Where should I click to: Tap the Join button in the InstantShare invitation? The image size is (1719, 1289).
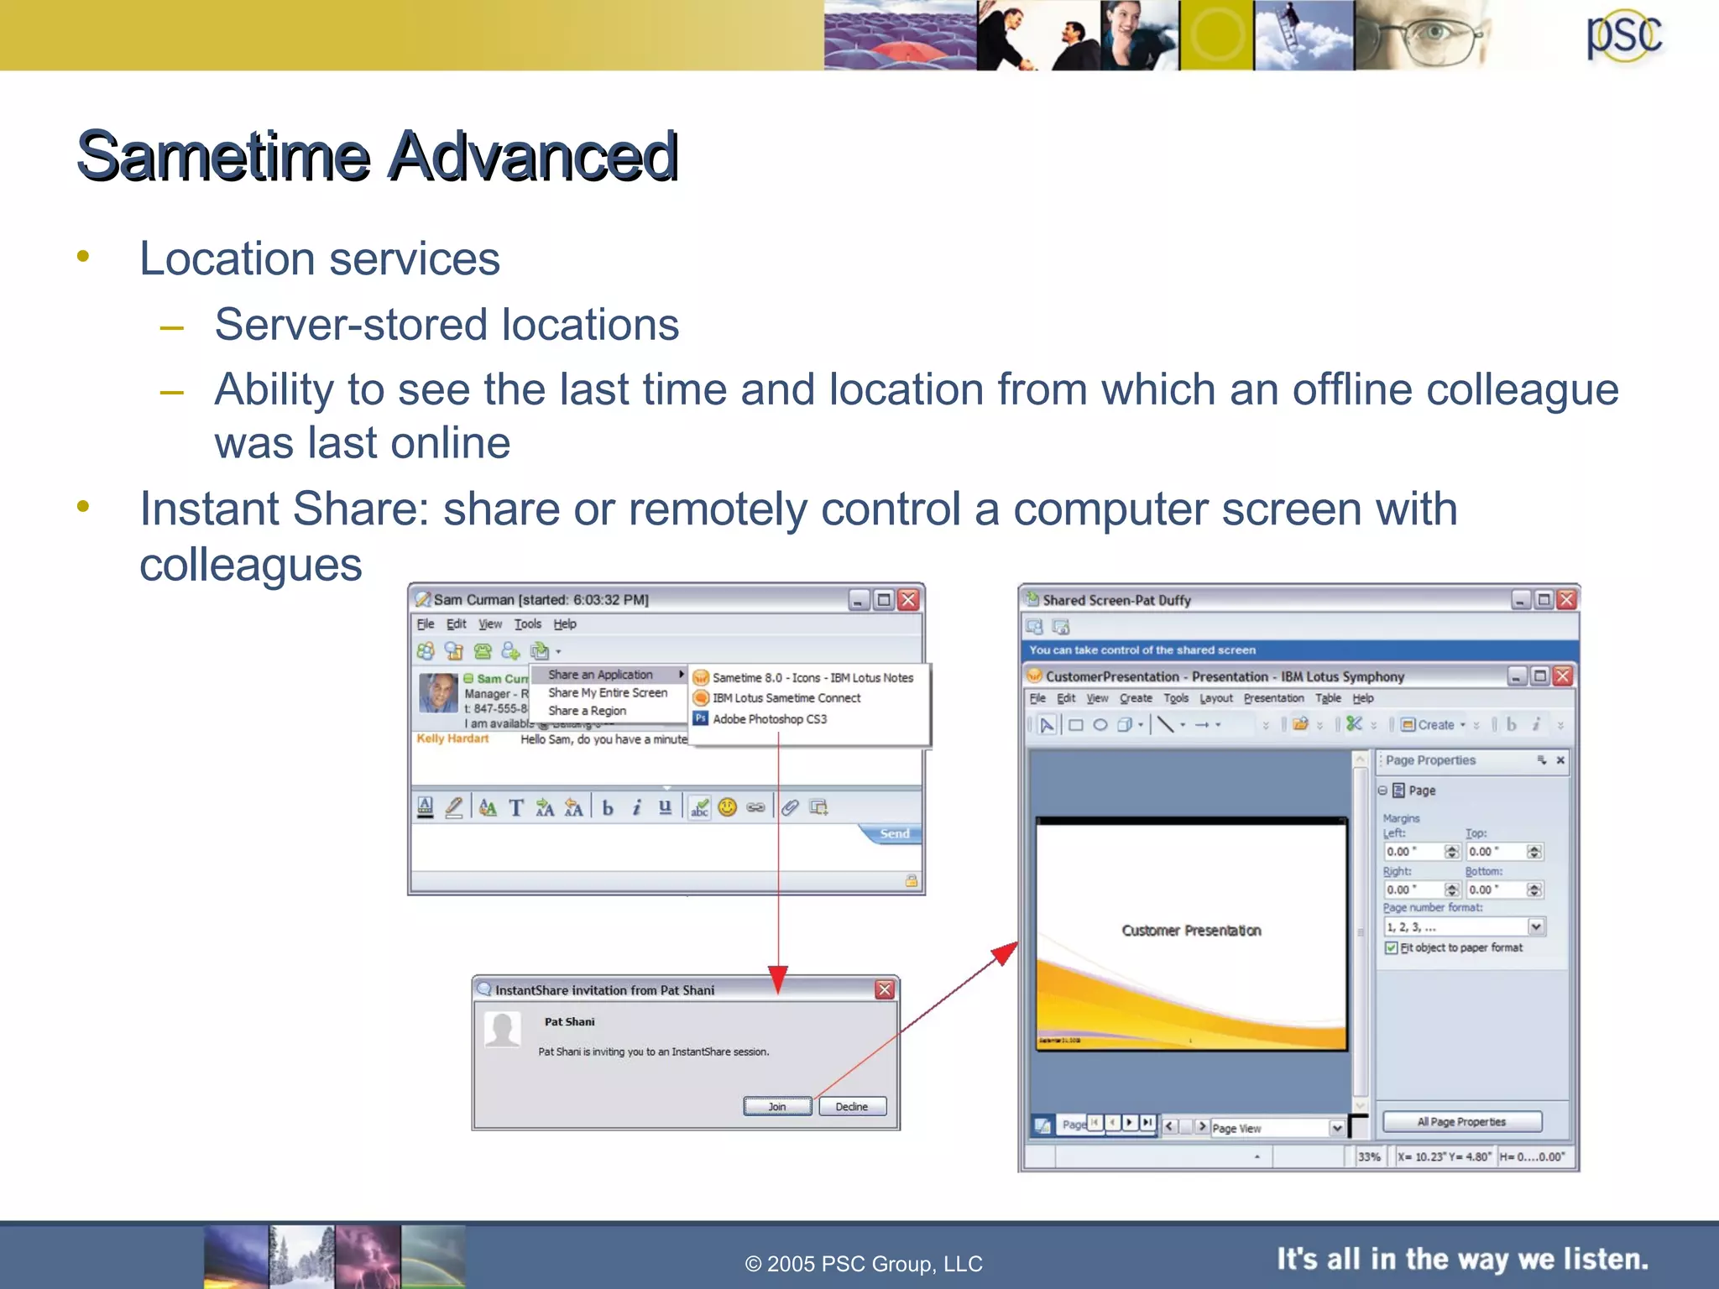(x=777, y=1106)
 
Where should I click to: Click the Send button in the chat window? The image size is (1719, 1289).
(x=893, y=833)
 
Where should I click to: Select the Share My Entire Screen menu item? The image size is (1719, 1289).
(x=608, y=692)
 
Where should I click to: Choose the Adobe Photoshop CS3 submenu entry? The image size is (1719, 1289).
(x=769, y=719)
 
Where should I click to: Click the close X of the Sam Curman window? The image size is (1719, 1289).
(x=908, y=600)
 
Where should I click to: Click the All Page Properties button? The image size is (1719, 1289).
(x=1461, y=1122)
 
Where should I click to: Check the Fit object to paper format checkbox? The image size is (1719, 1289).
(x=1392, y=947)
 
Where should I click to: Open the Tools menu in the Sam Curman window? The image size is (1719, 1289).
(x=527, y=624)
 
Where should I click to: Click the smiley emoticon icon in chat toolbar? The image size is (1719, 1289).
(x=727, y=807)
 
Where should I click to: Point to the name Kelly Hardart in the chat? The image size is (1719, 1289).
(x=452, y=738)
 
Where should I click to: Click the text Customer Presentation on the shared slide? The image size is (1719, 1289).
(x=1191, y=931)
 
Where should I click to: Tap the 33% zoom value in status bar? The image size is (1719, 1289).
(x=1369, y=1156)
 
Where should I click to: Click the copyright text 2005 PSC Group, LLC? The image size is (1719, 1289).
(x=864, y=1264)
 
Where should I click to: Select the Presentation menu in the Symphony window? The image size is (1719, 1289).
(x=1273, y=698)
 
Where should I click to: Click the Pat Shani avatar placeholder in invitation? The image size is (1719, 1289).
(x=503, y=1030)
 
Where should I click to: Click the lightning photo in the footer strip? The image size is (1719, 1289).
(x=368, y=1256)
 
